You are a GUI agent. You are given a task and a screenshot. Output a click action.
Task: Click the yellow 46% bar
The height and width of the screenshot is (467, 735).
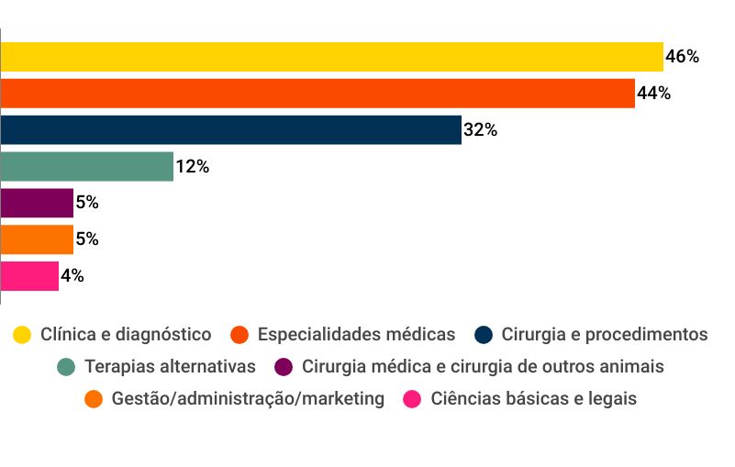point(331,57)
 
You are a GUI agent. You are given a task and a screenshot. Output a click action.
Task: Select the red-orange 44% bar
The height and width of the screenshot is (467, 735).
point(317,94)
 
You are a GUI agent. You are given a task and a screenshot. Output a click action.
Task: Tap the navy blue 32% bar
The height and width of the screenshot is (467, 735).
point(230,130)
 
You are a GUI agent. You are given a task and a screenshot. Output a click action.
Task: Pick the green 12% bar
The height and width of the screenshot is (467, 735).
point(87,167)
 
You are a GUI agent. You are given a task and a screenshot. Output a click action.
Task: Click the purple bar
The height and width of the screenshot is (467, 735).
point(37,203)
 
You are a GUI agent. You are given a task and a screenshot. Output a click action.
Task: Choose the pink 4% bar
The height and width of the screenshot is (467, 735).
point(29,276)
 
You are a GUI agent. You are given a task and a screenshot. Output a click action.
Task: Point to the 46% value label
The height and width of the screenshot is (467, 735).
point(682,57)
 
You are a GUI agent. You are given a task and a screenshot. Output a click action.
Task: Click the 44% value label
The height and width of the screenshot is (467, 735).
point(653,94)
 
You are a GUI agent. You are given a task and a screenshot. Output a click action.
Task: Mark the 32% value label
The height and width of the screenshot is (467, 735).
point(480,130)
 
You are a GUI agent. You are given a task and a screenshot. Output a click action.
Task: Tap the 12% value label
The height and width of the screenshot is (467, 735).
point(192,167)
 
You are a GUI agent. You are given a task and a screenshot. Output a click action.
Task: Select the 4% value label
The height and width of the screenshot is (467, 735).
point(72,276)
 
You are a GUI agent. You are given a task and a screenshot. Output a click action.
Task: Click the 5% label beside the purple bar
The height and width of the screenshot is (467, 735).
point(87,203)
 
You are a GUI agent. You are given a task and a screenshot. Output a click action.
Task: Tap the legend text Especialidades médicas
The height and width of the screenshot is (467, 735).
point(356,335)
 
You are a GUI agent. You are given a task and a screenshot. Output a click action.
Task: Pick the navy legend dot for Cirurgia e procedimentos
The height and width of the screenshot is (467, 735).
point(485,335)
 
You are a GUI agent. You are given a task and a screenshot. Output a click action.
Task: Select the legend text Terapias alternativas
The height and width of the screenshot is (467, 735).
point(170,367)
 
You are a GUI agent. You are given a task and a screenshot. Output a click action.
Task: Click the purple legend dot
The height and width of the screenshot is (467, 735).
point(284,367)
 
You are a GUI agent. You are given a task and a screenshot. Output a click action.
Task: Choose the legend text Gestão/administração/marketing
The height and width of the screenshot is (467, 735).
point(248,399)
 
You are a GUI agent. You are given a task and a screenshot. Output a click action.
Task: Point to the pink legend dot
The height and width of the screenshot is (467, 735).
point(413,399)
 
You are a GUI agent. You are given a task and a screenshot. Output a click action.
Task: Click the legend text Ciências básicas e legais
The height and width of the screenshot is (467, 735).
point(533,399)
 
